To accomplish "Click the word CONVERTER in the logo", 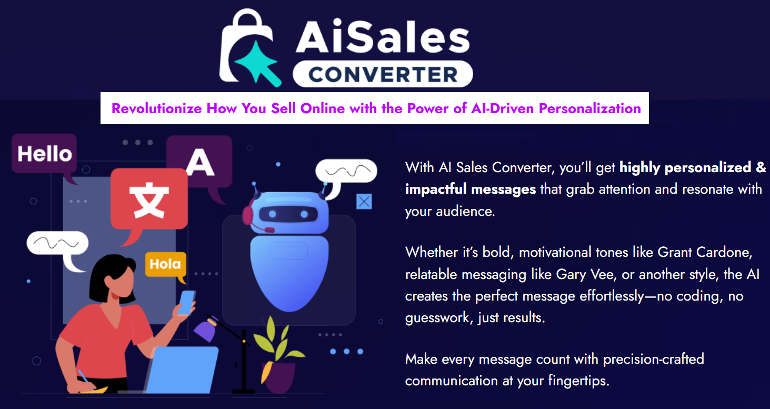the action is pyautogui.click(x=383, y=74).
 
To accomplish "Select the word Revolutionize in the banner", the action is pyautogui.click(x=157, y=108).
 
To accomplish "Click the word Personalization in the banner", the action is pyautogui.click(x=590, y=108).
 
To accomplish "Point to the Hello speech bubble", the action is pyautogui.click(x=44, y=154).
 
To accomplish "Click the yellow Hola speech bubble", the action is pyautogui.click(x=166, y=264).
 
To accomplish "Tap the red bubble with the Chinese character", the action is pyautogui.click(x=149, y=199).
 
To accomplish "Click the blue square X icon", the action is pyautogui.click(x=364, y=202).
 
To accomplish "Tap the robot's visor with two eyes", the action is pyautogui.click(x=288, y=214).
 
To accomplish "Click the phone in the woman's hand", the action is pyautogui.click(x=187, y=303).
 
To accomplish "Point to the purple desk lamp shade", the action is pyautogui.click(x=206, y=329).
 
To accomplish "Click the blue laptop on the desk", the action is pyautogui.click(x=182, y=370).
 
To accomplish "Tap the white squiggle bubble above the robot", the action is pyautogui.click(x=346, y=175).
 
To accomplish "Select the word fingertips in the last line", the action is pyautogui.click(x=578, y=381).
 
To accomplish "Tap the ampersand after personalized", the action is pyautogui.click(x=761, y=168).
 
